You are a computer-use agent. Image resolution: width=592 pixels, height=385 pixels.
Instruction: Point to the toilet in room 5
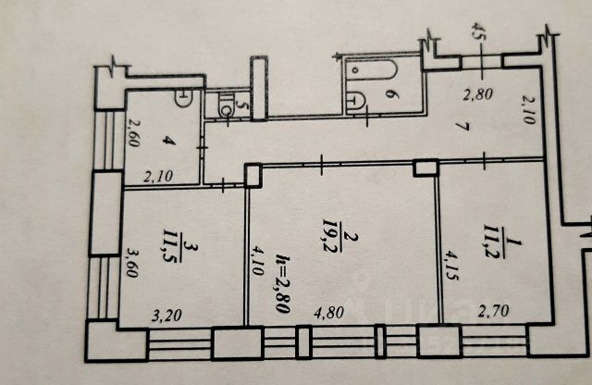point(225,107)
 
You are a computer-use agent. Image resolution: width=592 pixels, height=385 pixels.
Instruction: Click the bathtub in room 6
point(369,70)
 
